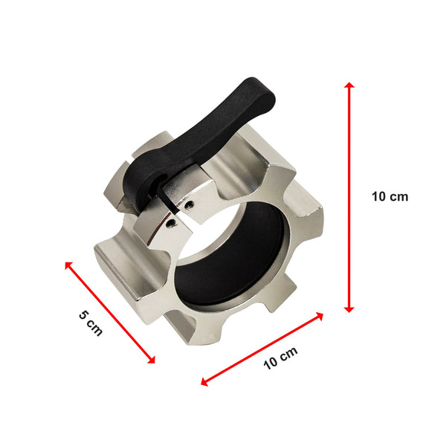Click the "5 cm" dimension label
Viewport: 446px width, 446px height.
(x=90, y=323)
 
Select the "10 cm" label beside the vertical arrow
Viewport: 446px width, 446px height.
(x=390, y=197)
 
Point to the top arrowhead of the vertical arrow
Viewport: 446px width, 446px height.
(x=349, y=85)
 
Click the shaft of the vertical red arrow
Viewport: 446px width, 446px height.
(x=349, y=197)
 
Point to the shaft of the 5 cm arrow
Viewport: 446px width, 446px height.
(x=110, y=312)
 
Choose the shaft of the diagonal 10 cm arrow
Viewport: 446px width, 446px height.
(x=262, y=348)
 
